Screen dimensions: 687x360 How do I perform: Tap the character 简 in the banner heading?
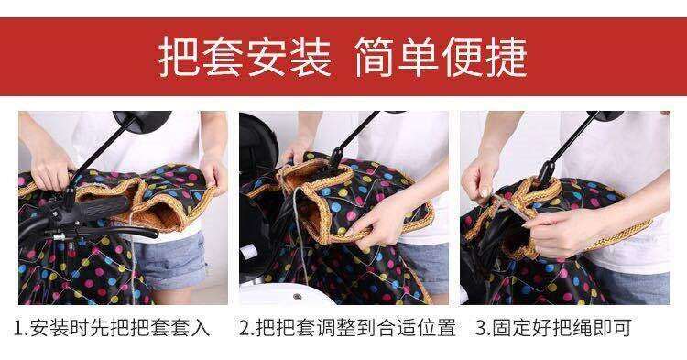[375, 57]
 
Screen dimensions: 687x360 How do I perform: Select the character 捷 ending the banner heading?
[507, 57]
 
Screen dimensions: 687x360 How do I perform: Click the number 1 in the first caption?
[18, 328]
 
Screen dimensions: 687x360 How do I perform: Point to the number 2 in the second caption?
[245, 328]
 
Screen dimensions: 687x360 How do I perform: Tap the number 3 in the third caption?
[481, 328]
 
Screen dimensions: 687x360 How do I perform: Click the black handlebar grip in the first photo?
[104, 208]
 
